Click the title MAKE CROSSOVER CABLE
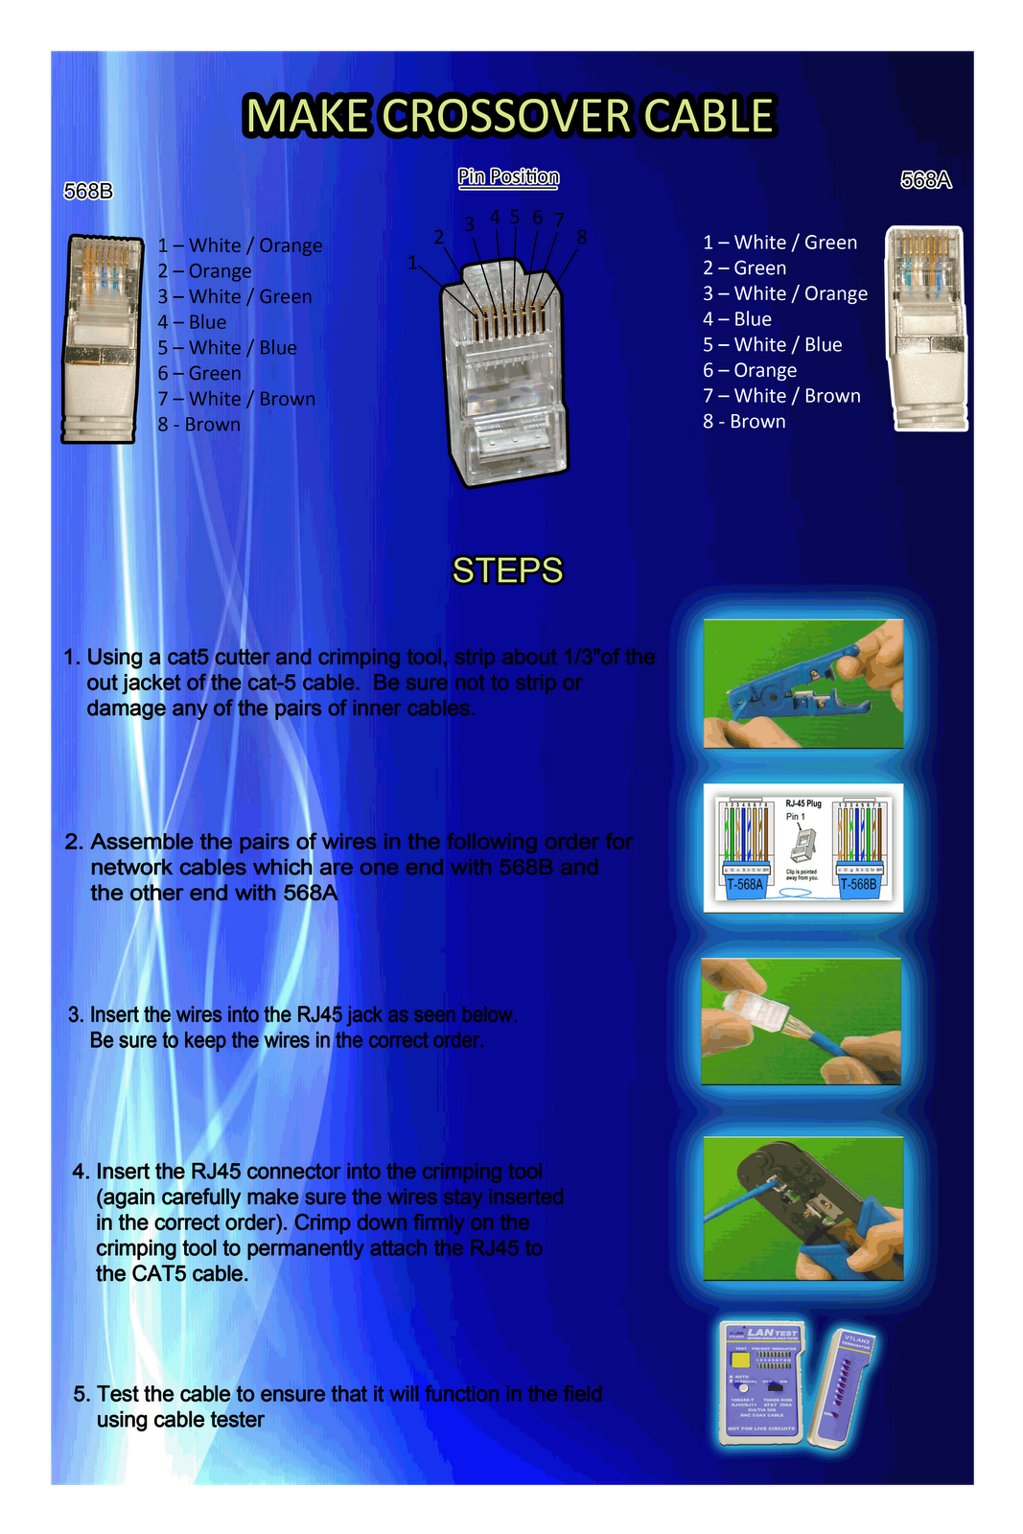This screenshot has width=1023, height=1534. (x=509, y=116)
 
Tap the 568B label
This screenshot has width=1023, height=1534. (x=88, y=192)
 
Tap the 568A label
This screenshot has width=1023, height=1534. (x=925, y=180)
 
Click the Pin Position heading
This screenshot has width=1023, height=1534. (x=508, y=176)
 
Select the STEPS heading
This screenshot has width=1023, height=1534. (x=507, y=570)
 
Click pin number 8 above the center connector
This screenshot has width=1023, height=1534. (x=582, y=237)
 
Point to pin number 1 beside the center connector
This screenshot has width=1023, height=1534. (x=412, y=262)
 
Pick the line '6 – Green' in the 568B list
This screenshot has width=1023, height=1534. (x=199, y=373)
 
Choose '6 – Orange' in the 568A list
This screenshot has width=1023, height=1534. (x=750, y=370)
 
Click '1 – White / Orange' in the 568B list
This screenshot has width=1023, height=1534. (x=240, y=245)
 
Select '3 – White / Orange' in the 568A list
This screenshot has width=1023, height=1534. (x=784, y=293)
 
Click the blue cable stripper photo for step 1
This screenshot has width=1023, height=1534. (x=802, y=684)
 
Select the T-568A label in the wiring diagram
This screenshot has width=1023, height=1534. (x=745, y=884)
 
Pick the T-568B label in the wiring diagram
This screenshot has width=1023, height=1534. (x=858, y=884)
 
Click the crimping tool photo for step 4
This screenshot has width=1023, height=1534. (x=802, y=1208)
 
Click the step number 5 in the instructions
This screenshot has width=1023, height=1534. (x=81, y=1394)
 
